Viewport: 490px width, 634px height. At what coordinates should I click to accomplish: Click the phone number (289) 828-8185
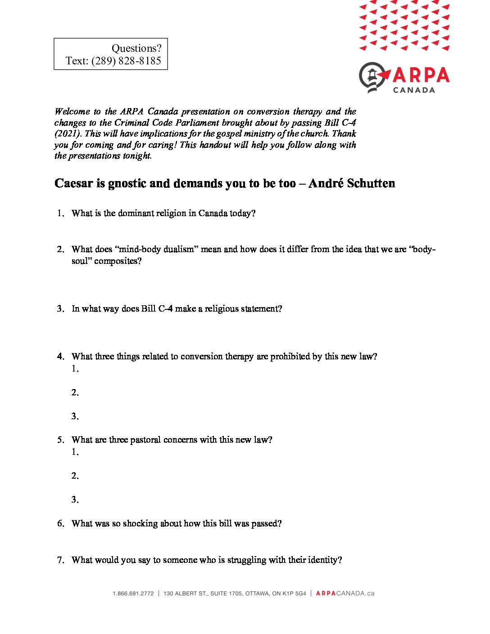coord(126,61)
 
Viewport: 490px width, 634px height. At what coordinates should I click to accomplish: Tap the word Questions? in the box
coord(136,48)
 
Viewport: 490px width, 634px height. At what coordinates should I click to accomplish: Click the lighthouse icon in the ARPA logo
coord(373,77)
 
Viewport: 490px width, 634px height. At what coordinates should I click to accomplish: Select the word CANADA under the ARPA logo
coord(414,90)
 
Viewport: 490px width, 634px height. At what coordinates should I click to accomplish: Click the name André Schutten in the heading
coord(352,183)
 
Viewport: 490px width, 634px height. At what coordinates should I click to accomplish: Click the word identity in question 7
coord(322,560)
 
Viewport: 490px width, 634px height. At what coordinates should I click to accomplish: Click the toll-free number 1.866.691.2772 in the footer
coord(133,593)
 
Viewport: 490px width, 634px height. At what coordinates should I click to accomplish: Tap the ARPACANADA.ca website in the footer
coord(345,593)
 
